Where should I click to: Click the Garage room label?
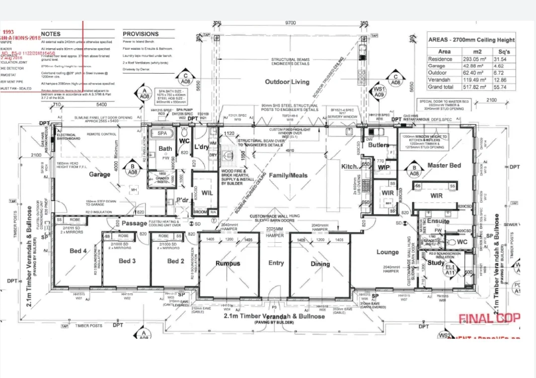point(99,175)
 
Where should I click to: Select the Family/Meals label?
point(288,175)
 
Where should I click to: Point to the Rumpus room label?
point(228,264)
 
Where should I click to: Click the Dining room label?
point(320,264)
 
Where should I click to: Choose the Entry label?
point(276,263)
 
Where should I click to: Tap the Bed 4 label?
point(78,251)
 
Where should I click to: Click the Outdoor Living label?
point(287,82)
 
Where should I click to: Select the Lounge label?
point(387,252)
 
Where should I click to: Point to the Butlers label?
point(379,145)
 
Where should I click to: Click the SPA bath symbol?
point(162,134)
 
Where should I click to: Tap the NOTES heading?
point(51,34)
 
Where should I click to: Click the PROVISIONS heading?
point(141,34)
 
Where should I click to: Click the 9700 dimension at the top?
point(290,23)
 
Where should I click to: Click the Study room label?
point(436,263)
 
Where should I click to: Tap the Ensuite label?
point(438,221)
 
